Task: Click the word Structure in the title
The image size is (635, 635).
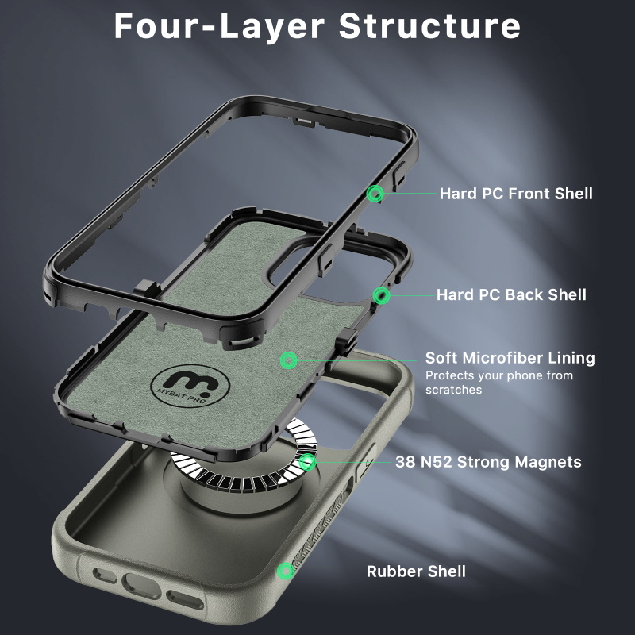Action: pyautogui.click(x=429, y=25)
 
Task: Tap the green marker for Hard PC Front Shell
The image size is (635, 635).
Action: pyautogui.click(x=375, y=193)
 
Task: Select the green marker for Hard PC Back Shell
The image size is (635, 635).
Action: pyautogui.click(x=383, y=296)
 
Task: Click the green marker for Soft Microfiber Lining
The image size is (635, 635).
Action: pyautogui.click(x=288, y=360)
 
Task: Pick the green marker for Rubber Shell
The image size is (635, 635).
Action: pyautogui.click(x=284, y=571)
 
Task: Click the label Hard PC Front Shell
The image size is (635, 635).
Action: pyautogui.click(x=516, y=193)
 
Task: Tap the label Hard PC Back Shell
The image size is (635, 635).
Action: pyautogui.click(x=511, y=295)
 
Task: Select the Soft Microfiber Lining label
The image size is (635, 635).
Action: pyautogui.click(x=510, y=358)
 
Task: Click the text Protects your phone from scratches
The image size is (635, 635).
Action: pyautogui.click(x=498, y=383)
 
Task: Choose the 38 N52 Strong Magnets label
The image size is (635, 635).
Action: pyautogui.click(x=488, y=462)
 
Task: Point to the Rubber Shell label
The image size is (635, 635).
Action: pyautogui.click(x=416, y=571)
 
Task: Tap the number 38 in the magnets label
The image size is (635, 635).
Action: pyautogui.click(x=406, y=462)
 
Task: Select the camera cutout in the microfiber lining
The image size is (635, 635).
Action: pyautogui.click(x=298, y=266)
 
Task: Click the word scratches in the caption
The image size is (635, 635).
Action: pyautogui.click(x=453, y=390)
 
